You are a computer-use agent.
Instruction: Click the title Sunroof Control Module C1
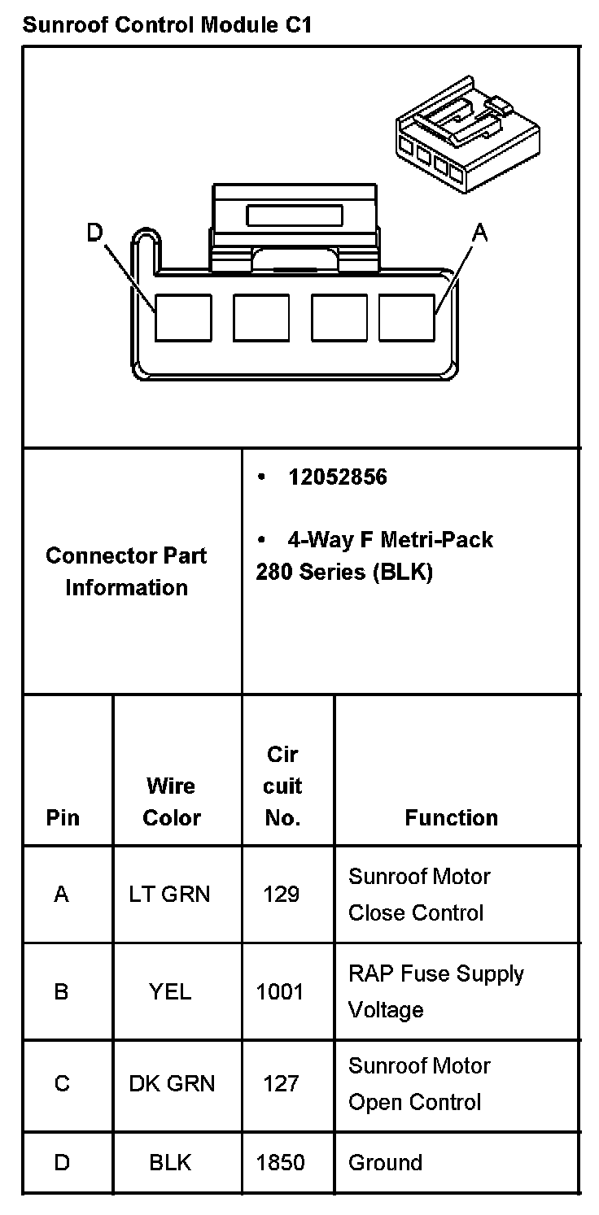click(167, 24)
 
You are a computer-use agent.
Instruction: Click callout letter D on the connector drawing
click(96, 233)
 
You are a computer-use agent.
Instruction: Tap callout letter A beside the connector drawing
click(480, 233)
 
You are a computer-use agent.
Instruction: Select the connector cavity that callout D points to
click(183, 317)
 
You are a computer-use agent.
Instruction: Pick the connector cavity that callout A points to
click(407, 317)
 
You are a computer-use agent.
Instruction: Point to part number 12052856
click(337, 477)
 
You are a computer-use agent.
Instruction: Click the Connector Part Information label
click(127, 572)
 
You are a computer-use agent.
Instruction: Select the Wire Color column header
click(171, 802)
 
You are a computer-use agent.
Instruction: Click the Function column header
click(451, 818)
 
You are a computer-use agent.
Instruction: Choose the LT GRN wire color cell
click(169, 895)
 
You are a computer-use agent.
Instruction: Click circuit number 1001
click(280, 992)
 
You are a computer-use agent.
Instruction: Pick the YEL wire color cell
click(170, 992)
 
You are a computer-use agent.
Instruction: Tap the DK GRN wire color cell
click(172, 1084)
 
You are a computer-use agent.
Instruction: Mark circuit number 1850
click(280, 1163)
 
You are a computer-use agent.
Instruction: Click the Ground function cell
click(385, 1163)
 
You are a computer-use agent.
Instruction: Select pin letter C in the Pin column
click(62, 1084)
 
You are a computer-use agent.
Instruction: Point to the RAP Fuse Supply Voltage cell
click(436, 992)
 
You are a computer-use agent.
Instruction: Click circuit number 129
click(282, 895)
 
